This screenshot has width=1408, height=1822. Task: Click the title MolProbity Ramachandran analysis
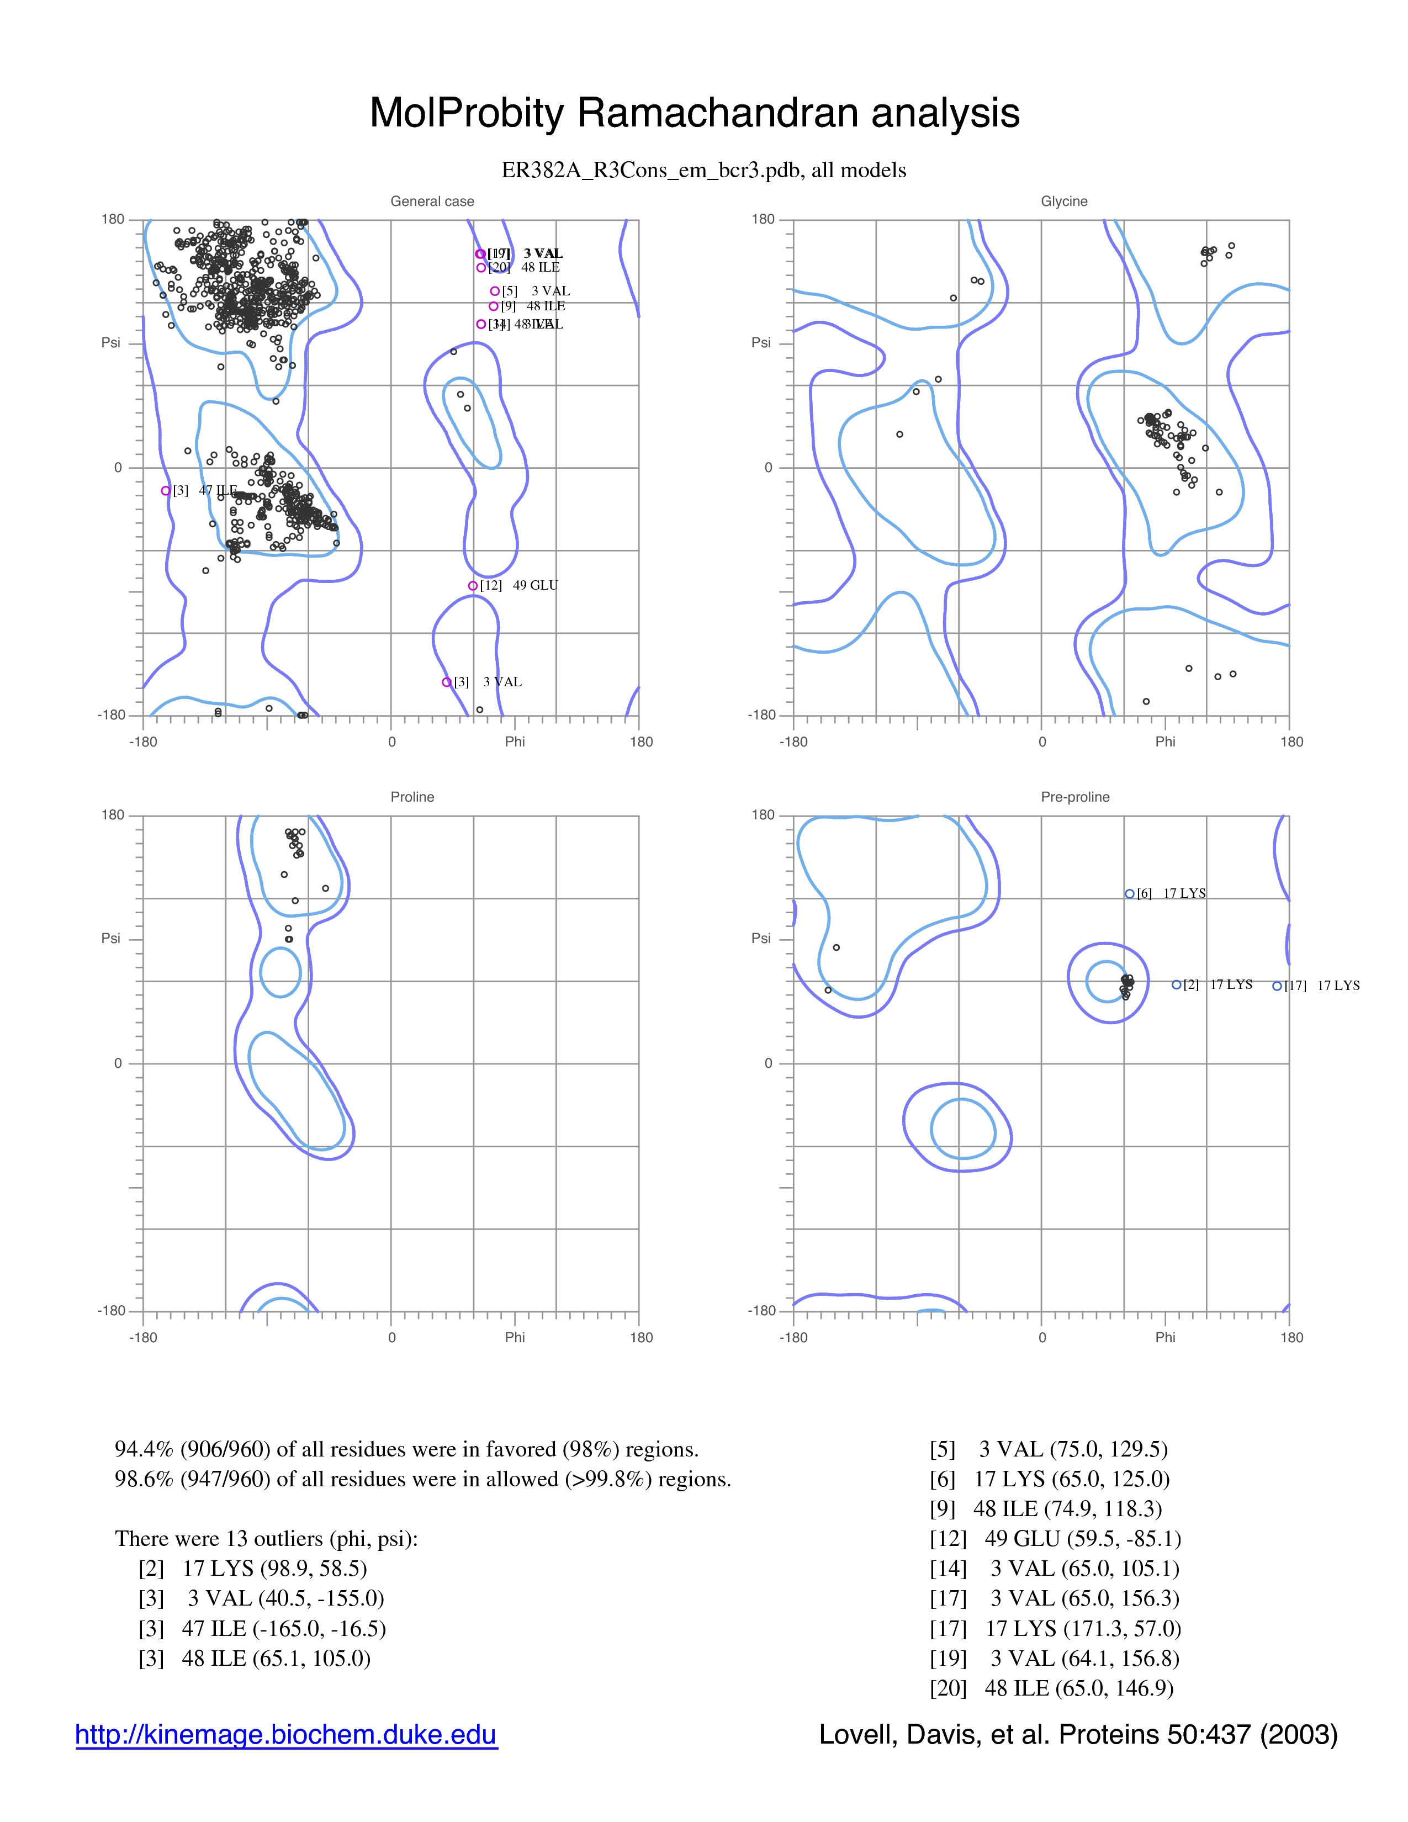[x=694, y=113]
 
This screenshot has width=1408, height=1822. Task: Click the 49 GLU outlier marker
[x=473, y=586]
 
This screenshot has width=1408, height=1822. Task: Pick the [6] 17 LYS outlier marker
[x=1129, y=893]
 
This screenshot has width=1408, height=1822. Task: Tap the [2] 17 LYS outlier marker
[x=1176, y=984]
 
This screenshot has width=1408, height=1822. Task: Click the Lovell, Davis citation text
[x=1078, y=1734]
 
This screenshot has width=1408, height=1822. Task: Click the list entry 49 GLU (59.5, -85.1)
[x=1055, y=1538]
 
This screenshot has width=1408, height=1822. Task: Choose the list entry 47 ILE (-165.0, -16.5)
[x=262, y=1628]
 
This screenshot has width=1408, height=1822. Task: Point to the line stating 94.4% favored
[x=406, y=1449]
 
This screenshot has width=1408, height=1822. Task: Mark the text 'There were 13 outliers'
[x=266, y=1538]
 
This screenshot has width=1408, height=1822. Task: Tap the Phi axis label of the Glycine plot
[x=1164, y=741]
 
